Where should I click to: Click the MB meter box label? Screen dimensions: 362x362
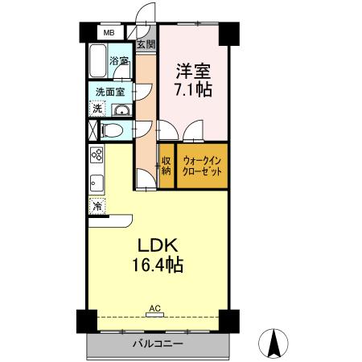pyautogui.click(x=108, y=34)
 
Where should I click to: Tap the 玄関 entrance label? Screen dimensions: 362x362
pyautogui.click(x=146, y=43)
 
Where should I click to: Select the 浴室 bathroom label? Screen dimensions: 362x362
pyautogui.click(x=120, y=61)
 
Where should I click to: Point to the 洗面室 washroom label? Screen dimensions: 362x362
pyautogui.click(x=109, y=91)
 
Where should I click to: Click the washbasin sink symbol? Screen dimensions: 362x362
pyautogui.click(x=121, y=109)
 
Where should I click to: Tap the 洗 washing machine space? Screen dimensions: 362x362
pyautogui.click(x=97, y=108)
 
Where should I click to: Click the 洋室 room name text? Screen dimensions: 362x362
pyautogui.click(x=194, y=69)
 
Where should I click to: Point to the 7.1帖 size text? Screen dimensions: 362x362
pyautogui.click(x=194, y=88)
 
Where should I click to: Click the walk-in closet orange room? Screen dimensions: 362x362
pyautogui.click(x=202, y=166)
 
